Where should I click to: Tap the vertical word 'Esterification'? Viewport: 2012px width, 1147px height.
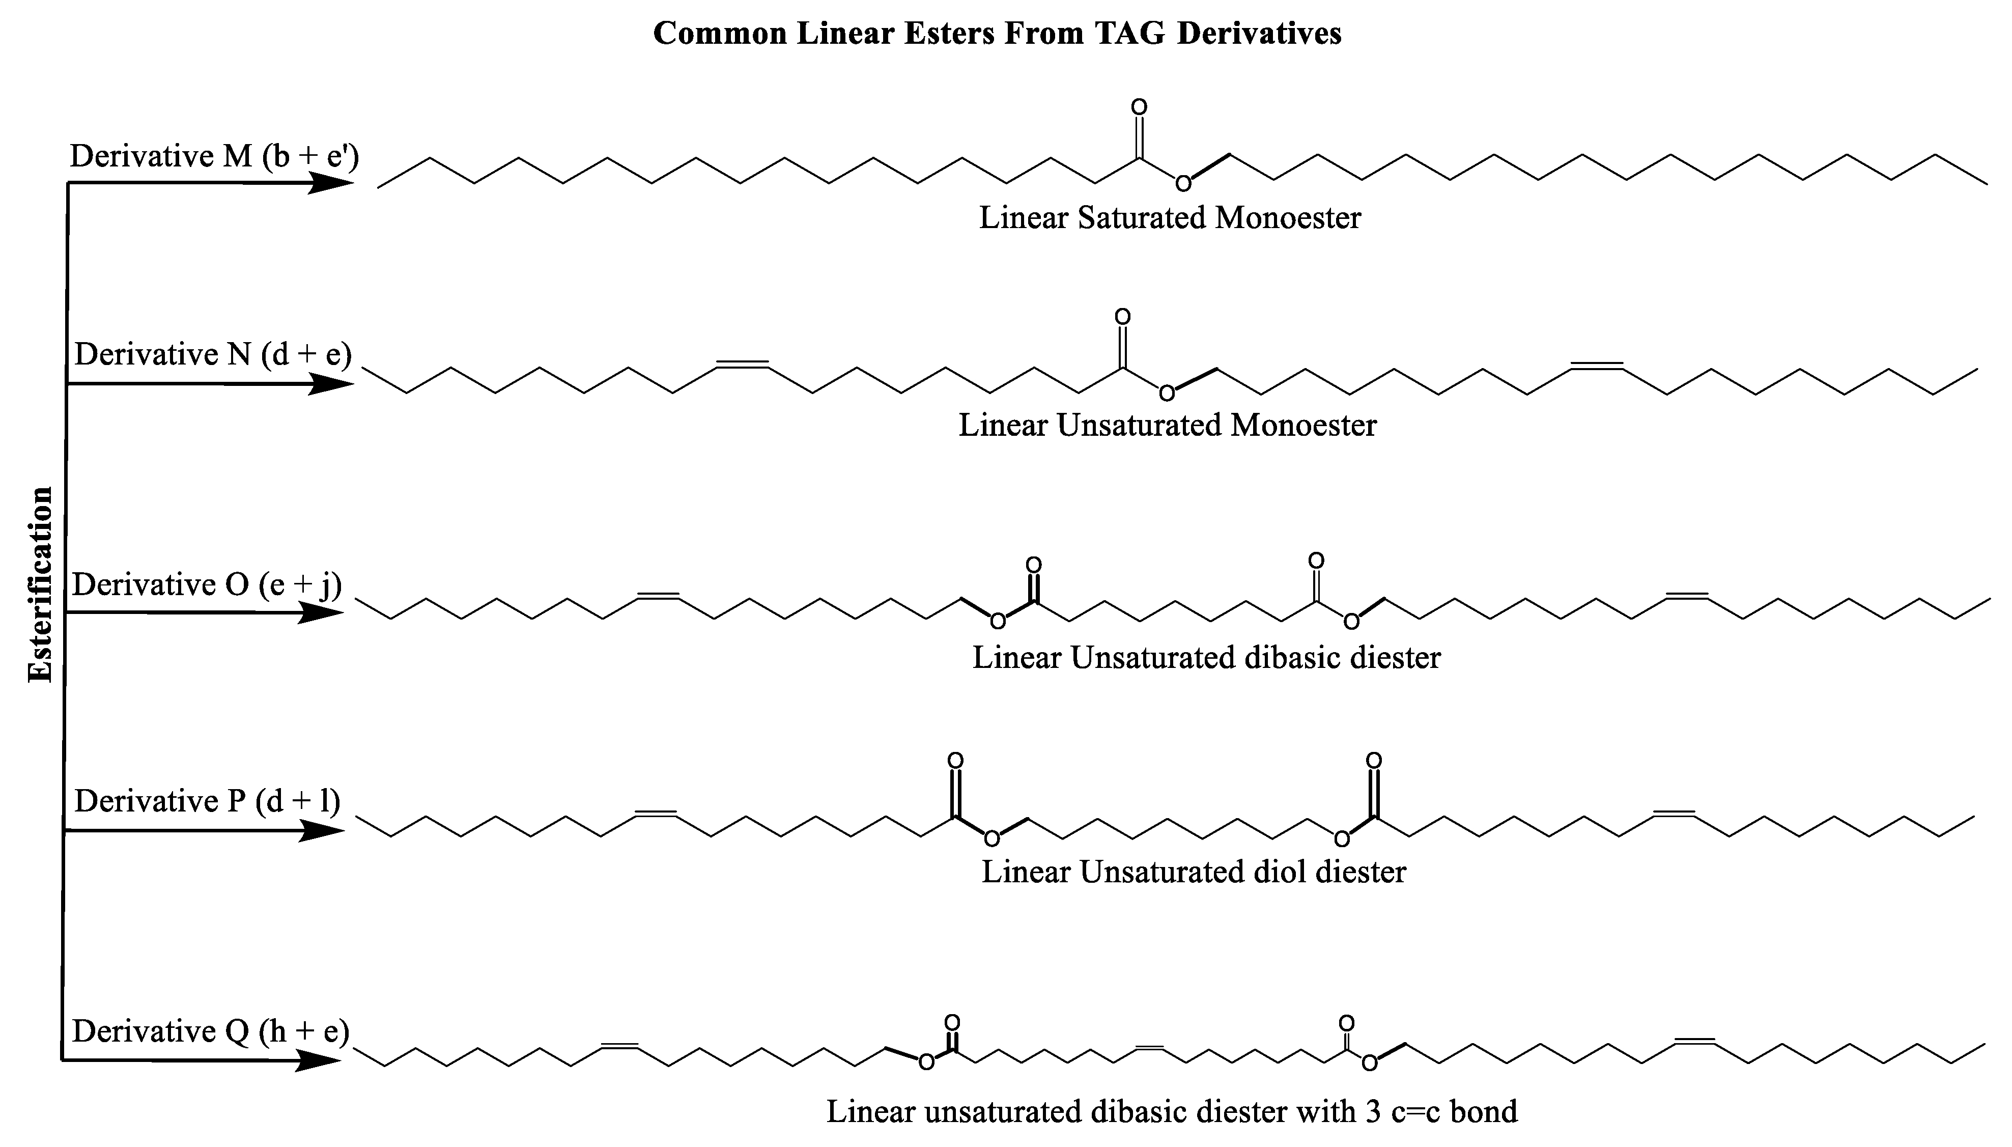pyautogui.click(x=40, y=584)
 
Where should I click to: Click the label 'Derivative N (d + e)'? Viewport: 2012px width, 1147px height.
pyautogui.click(x=213, y=354)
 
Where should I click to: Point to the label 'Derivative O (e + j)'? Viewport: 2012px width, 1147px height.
pyautogui.click(x=207, y=584)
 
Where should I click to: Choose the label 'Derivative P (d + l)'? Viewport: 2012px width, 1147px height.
pyautogui.click(x=207, y=801)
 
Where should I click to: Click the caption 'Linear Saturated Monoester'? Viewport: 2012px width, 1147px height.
pyautogui.click(x=1170, y=217)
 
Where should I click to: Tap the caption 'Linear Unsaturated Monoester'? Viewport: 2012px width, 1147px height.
pyautogui.click(x=1167, y=426)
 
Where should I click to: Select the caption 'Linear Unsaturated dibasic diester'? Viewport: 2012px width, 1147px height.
pyautogui.click(x=1206, y=657)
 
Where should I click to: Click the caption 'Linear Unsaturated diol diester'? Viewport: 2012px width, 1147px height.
pyautogui.click(x=1193, y=871)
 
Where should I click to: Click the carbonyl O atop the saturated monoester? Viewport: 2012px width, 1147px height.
pyautogui.click(x=1139, y=106)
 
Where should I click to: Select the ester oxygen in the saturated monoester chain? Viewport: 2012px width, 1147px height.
pyautogui.click(x=1183, y=184)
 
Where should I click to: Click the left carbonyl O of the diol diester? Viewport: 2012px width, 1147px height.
pyautogui.click(x=955, y=760)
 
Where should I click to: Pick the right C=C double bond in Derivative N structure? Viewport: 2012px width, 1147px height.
pyautogui.click(x=1597, y=366)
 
